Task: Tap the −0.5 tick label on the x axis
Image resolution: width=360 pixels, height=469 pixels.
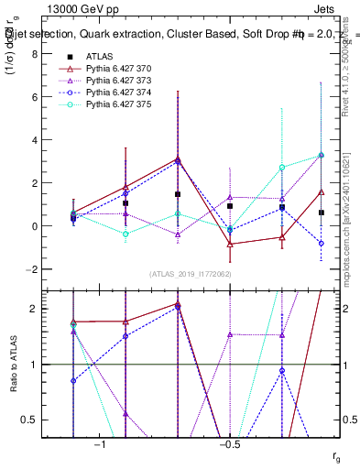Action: [x=229, y=445]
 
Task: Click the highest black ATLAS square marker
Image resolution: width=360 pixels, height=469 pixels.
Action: [x=178, y=194]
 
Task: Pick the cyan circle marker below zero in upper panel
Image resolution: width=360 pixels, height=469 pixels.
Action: [x=125, y=234]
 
